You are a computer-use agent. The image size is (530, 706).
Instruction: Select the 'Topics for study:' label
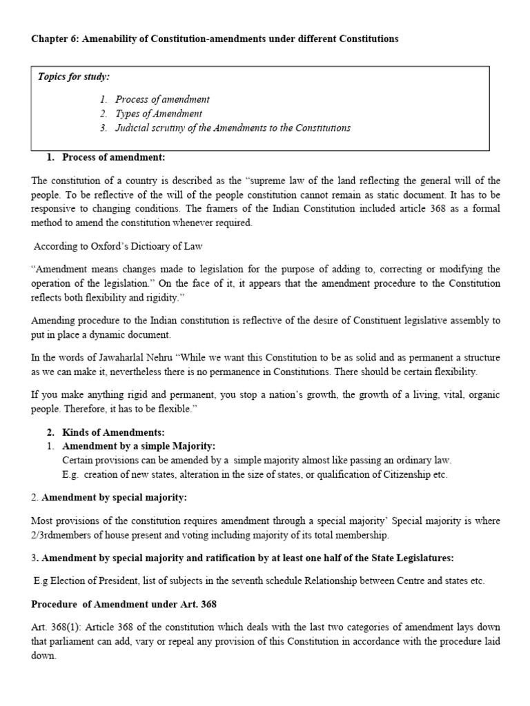point(74,77)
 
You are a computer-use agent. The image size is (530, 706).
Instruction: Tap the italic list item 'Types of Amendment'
point(159,114)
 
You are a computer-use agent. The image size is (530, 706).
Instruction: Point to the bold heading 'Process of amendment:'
point(113,157)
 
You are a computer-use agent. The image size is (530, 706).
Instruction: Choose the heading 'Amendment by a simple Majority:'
point(139,446)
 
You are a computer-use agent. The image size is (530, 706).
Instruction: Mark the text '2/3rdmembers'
point(65,534)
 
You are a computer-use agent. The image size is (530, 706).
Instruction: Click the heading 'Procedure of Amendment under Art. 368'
point(124,605)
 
